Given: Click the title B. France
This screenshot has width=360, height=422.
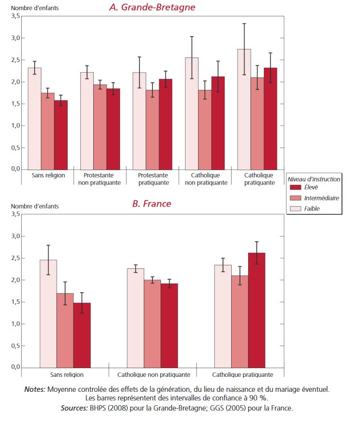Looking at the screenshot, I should click(151, 204).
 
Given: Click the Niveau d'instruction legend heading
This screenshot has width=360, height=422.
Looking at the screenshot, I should click(313, 179).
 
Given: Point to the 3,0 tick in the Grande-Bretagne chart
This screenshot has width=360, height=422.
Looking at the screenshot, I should click(16, 38).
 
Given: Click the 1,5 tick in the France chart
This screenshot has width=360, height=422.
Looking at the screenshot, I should click(16, 302).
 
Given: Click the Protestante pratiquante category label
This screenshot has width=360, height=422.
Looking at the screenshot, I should click(152, 179).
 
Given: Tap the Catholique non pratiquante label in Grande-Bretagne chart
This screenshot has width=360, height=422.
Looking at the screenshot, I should click(205, 179).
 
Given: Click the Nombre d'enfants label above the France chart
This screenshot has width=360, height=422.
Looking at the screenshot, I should click(35, 206).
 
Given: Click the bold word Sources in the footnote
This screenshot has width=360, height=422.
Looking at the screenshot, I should click(73, 408).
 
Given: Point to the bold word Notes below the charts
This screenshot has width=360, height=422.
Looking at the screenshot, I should click(35, 389).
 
